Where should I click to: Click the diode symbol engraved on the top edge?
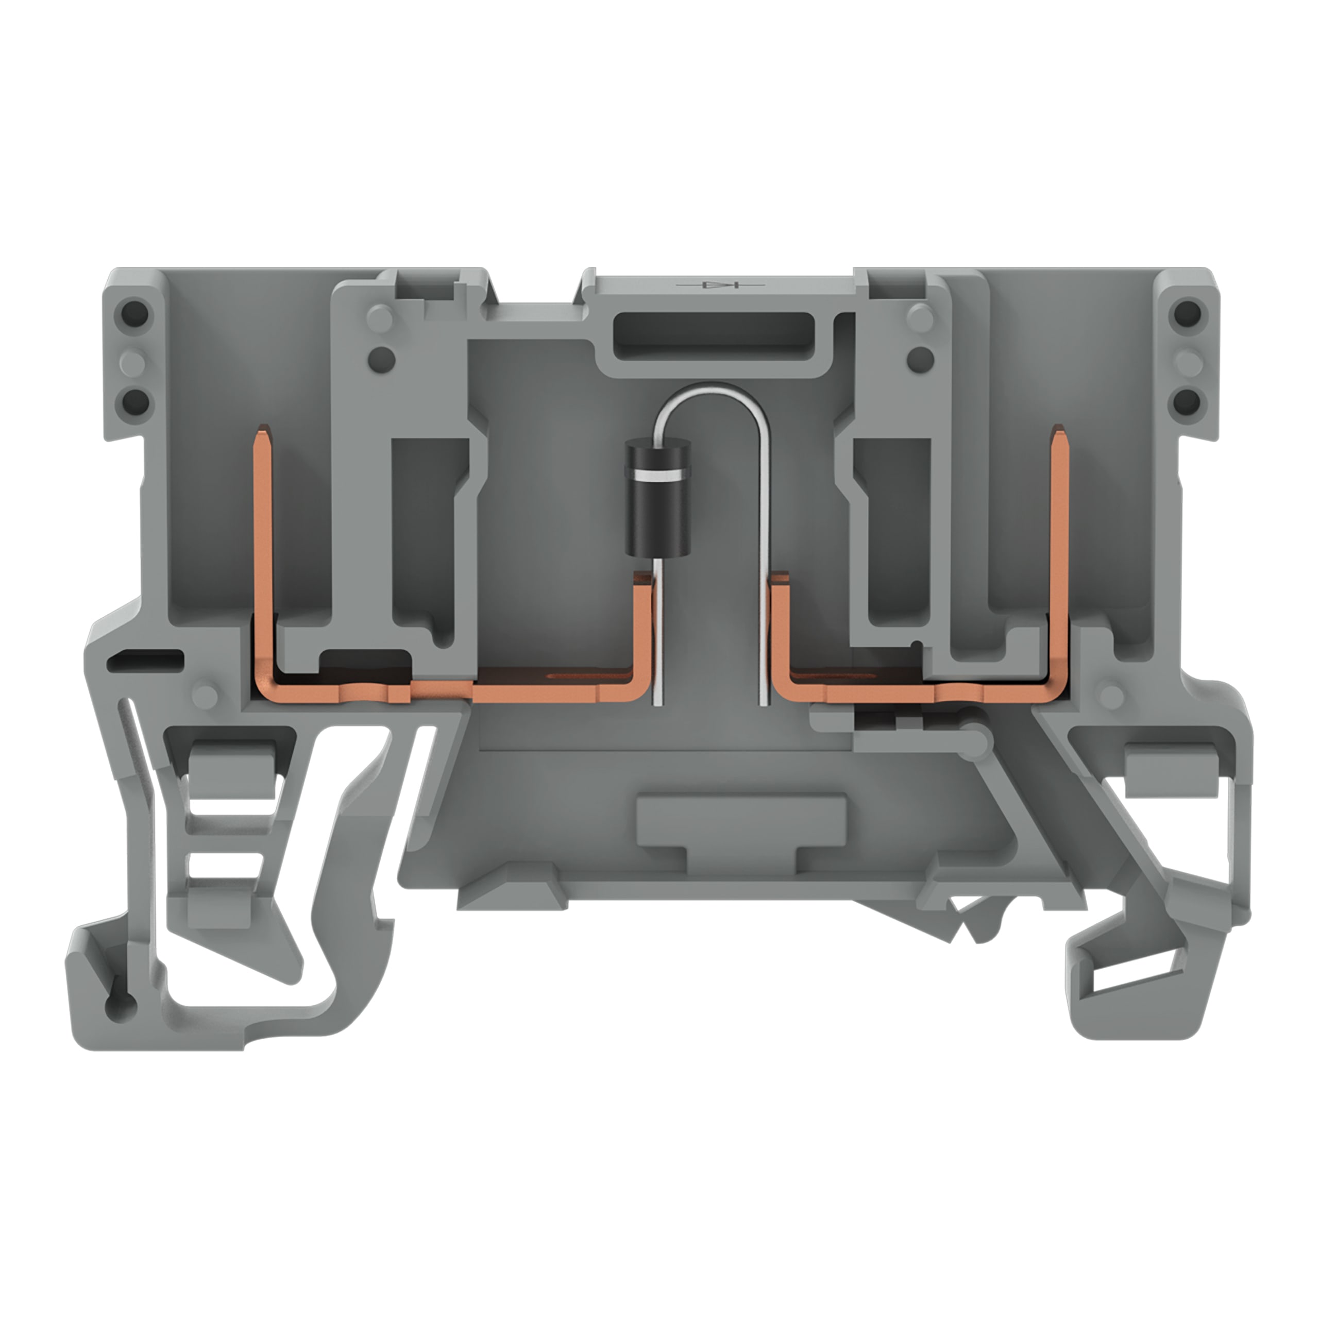718,284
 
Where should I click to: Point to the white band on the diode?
657,473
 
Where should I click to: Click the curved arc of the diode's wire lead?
710,392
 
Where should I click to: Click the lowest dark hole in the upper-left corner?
136,398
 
